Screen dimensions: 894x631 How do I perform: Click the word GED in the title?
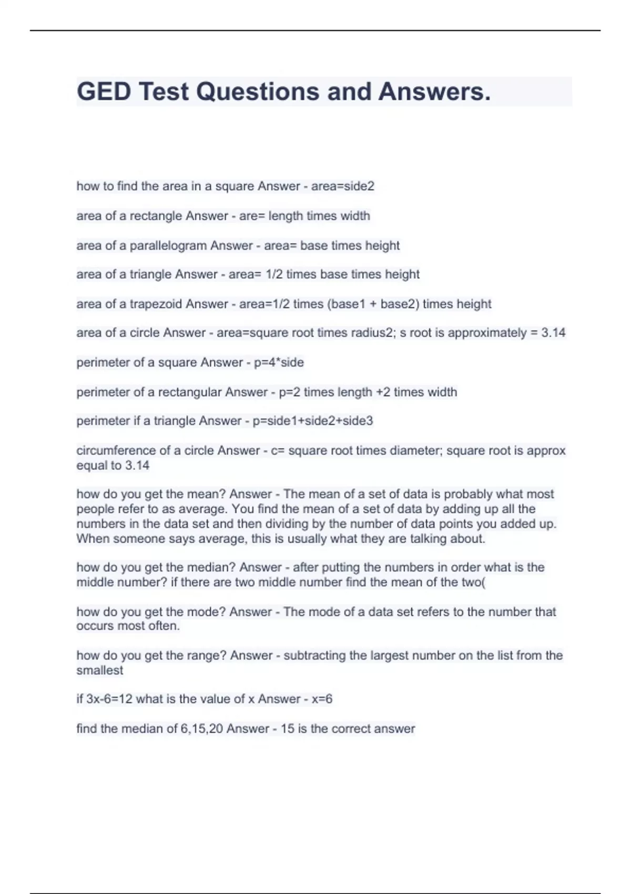104,92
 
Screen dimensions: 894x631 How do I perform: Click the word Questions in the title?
258,92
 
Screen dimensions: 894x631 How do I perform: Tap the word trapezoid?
156,304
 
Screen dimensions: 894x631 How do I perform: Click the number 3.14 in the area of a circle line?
553,333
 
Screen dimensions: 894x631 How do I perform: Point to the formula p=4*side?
279,362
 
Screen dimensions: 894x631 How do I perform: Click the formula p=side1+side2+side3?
313,421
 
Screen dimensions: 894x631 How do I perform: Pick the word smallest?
99,670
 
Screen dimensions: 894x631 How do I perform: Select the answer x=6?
322,699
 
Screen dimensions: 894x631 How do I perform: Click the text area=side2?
343,186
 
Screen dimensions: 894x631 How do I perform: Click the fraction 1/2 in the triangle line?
274,275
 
